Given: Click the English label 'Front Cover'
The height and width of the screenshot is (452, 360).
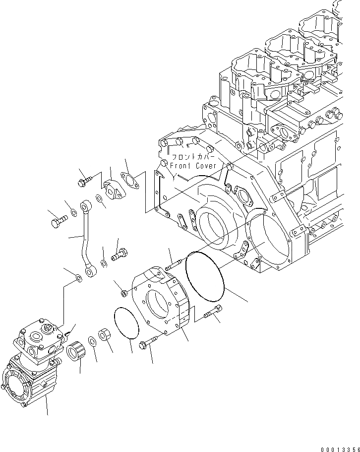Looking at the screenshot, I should [x=193, y=165].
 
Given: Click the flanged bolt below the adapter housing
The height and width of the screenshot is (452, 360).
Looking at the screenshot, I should [x=149, y=341].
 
